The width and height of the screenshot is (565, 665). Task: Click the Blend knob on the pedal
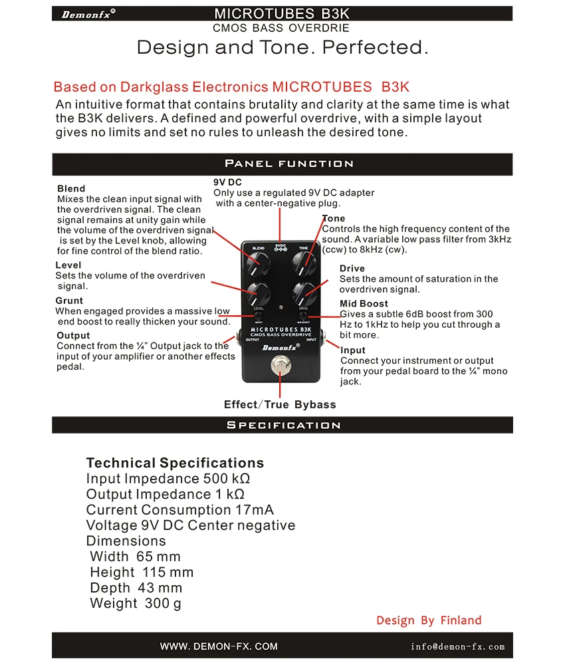tap(257, 265)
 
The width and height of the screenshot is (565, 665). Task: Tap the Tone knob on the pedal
tap(305, 265)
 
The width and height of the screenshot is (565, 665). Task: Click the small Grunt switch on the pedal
tap(258, 315)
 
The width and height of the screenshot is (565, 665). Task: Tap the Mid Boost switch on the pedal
tap(304, 315)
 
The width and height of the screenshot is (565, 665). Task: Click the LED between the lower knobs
tap(281, 308)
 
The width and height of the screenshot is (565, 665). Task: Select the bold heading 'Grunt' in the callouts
tap(69, 301)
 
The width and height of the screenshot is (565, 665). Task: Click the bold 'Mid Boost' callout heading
tap(364, 304)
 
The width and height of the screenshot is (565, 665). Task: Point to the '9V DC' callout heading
tap(227, 182)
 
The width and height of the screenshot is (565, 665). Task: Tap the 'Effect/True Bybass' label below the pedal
tap(280, 404)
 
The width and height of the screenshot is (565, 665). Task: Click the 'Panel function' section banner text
tap(288, 164)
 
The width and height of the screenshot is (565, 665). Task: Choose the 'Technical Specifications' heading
tap(175, 463)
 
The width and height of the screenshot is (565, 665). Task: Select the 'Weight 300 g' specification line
tap(136, 603)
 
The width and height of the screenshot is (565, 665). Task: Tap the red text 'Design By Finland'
tap(429, 620)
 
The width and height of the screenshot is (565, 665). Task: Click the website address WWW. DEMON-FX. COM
tap(219, 646)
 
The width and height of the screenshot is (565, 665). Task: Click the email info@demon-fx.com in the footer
tap(457, 646)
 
